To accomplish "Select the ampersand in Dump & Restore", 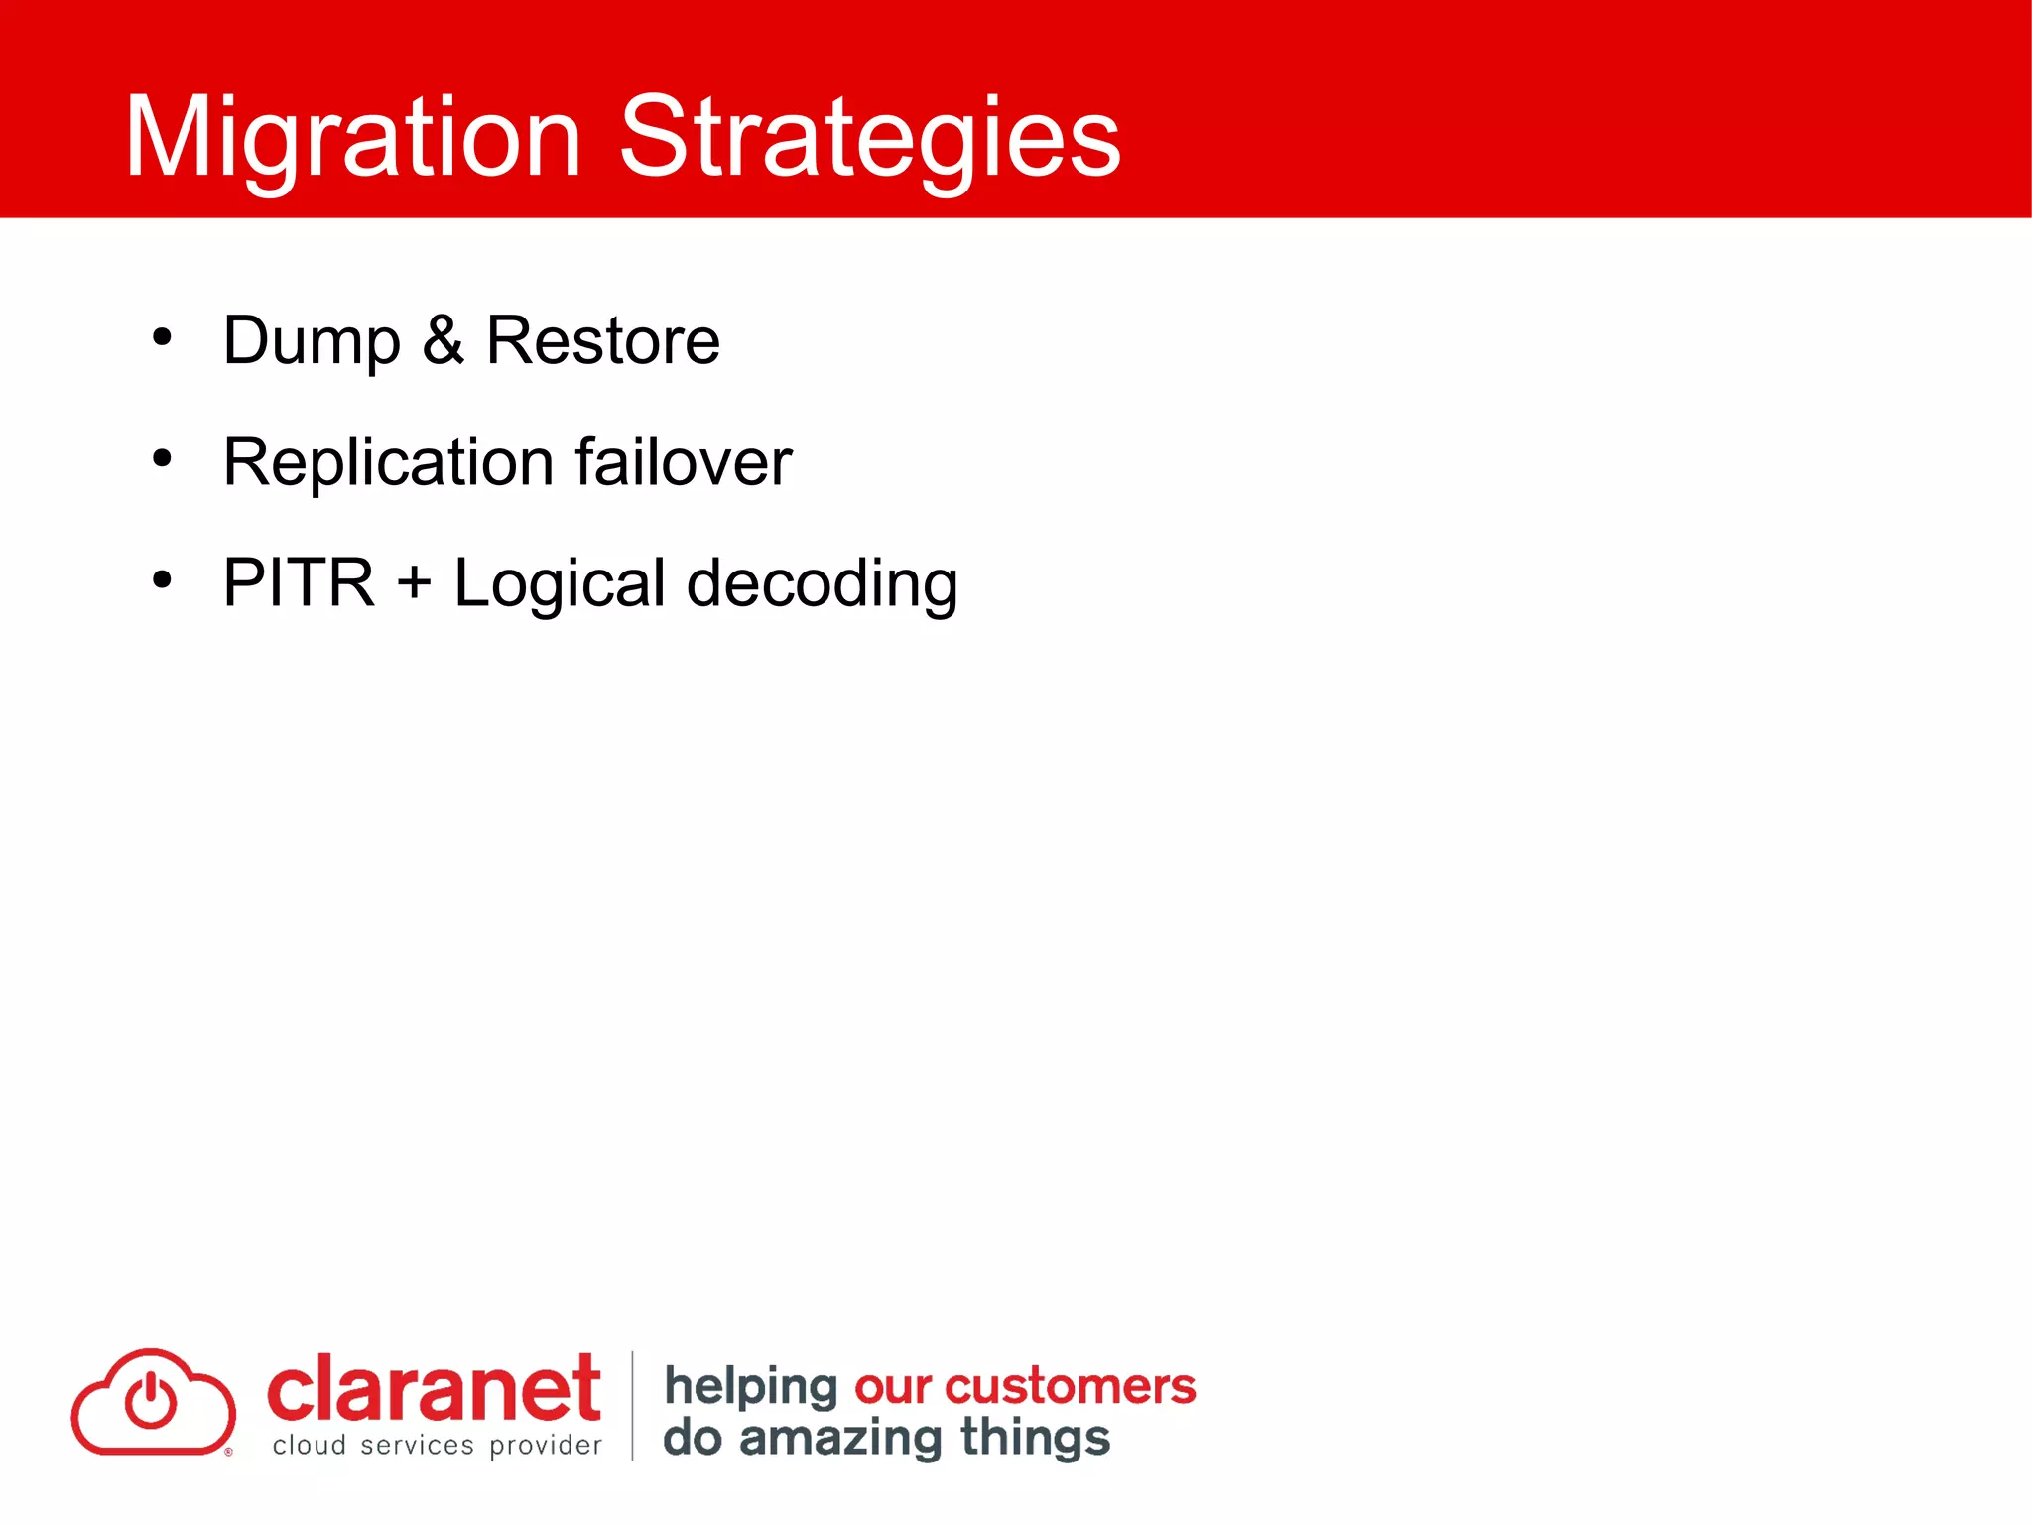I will tap(443, 340).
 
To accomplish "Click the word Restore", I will tap(602, 340).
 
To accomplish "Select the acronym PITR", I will tap(299, 582).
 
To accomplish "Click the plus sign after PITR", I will tap(414, 582).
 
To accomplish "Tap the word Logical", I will tap(559, 584).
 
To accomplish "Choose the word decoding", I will tap(822, 584).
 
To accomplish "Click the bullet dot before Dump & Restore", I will tap(162, 338).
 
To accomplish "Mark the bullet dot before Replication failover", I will tap(162, 459).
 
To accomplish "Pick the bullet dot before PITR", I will tap(162, 580).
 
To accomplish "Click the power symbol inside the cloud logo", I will tap(151, 1399).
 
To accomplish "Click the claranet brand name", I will tap(434, 1389).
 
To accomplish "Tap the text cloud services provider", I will tap(437, 1446).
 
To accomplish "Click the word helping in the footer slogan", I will tap(751, 1386).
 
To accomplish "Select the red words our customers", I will tap(1025, 1386).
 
